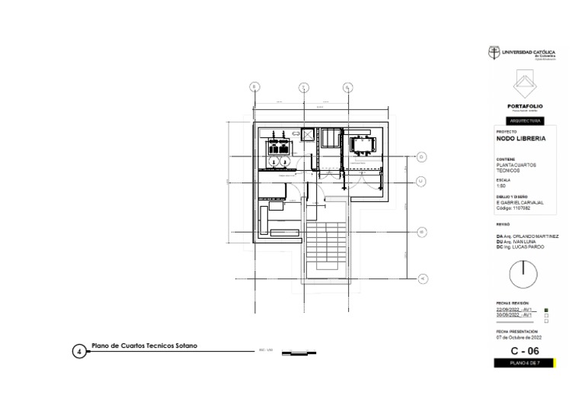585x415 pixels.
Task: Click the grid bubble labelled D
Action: click(x=421, y=157)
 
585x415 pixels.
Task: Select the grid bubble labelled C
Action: click(x=421, y=181)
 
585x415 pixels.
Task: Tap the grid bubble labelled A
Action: click(x=421, y=278)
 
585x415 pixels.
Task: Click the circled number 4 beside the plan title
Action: click(x=79, y=352)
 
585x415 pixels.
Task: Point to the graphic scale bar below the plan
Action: click(x=298, y=352)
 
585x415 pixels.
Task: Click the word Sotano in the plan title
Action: click(x=186, y=346)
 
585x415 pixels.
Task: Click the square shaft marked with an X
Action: click(x=308, y=136)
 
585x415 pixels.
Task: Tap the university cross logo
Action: click(x=494, y=53)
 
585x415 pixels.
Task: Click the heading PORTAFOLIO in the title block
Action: click(x=525, y=106)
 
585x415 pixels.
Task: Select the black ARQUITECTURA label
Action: click(x=525, y=121)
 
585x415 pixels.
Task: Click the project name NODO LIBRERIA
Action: click(x=521, y=139)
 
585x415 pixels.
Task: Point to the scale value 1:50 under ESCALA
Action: click(x=501, y=186)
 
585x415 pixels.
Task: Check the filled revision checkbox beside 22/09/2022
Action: click(x=546, y=310)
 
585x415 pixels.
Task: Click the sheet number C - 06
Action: click(x=525, y=351)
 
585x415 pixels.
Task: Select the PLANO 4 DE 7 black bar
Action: click(x=525, y=364)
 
